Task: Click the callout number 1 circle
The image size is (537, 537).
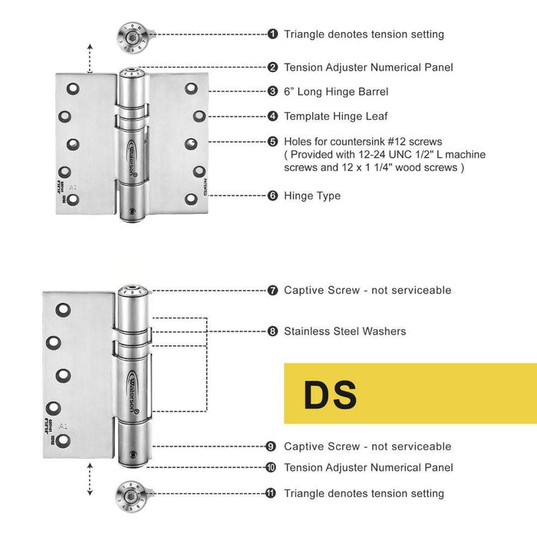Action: (x=273, y=34)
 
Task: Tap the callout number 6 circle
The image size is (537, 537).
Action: (x=273, y=196)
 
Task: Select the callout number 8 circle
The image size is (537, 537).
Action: (x=273, y=331)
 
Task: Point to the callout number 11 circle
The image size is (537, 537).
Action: (x=271, y=493)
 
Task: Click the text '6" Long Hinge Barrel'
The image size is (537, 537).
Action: (x=336, y=91)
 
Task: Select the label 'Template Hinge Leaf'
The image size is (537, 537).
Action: (x=336, y=117)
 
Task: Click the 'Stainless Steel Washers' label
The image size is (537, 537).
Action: (x=345, y=331)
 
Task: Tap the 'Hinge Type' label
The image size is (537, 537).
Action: (x=312, y=196)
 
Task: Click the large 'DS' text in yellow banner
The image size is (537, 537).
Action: (x=330, y=394)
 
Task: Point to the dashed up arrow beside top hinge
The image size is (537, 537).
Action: (x=91, y=58)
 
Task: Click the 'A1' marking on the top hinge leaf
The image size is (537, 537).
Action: (x=74, y=187)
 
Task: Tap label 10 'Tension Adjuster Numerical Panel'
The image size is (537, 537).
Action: (x=368, y=467)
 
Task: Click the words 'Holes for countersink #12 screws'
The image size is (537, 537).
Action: (x=363, y=142)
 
